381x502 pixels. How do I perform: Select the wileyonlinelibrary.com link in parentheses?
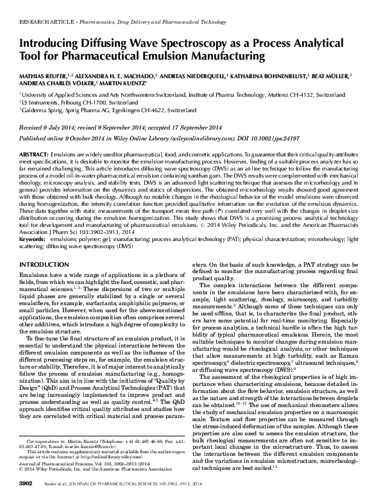coord(202,137)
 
